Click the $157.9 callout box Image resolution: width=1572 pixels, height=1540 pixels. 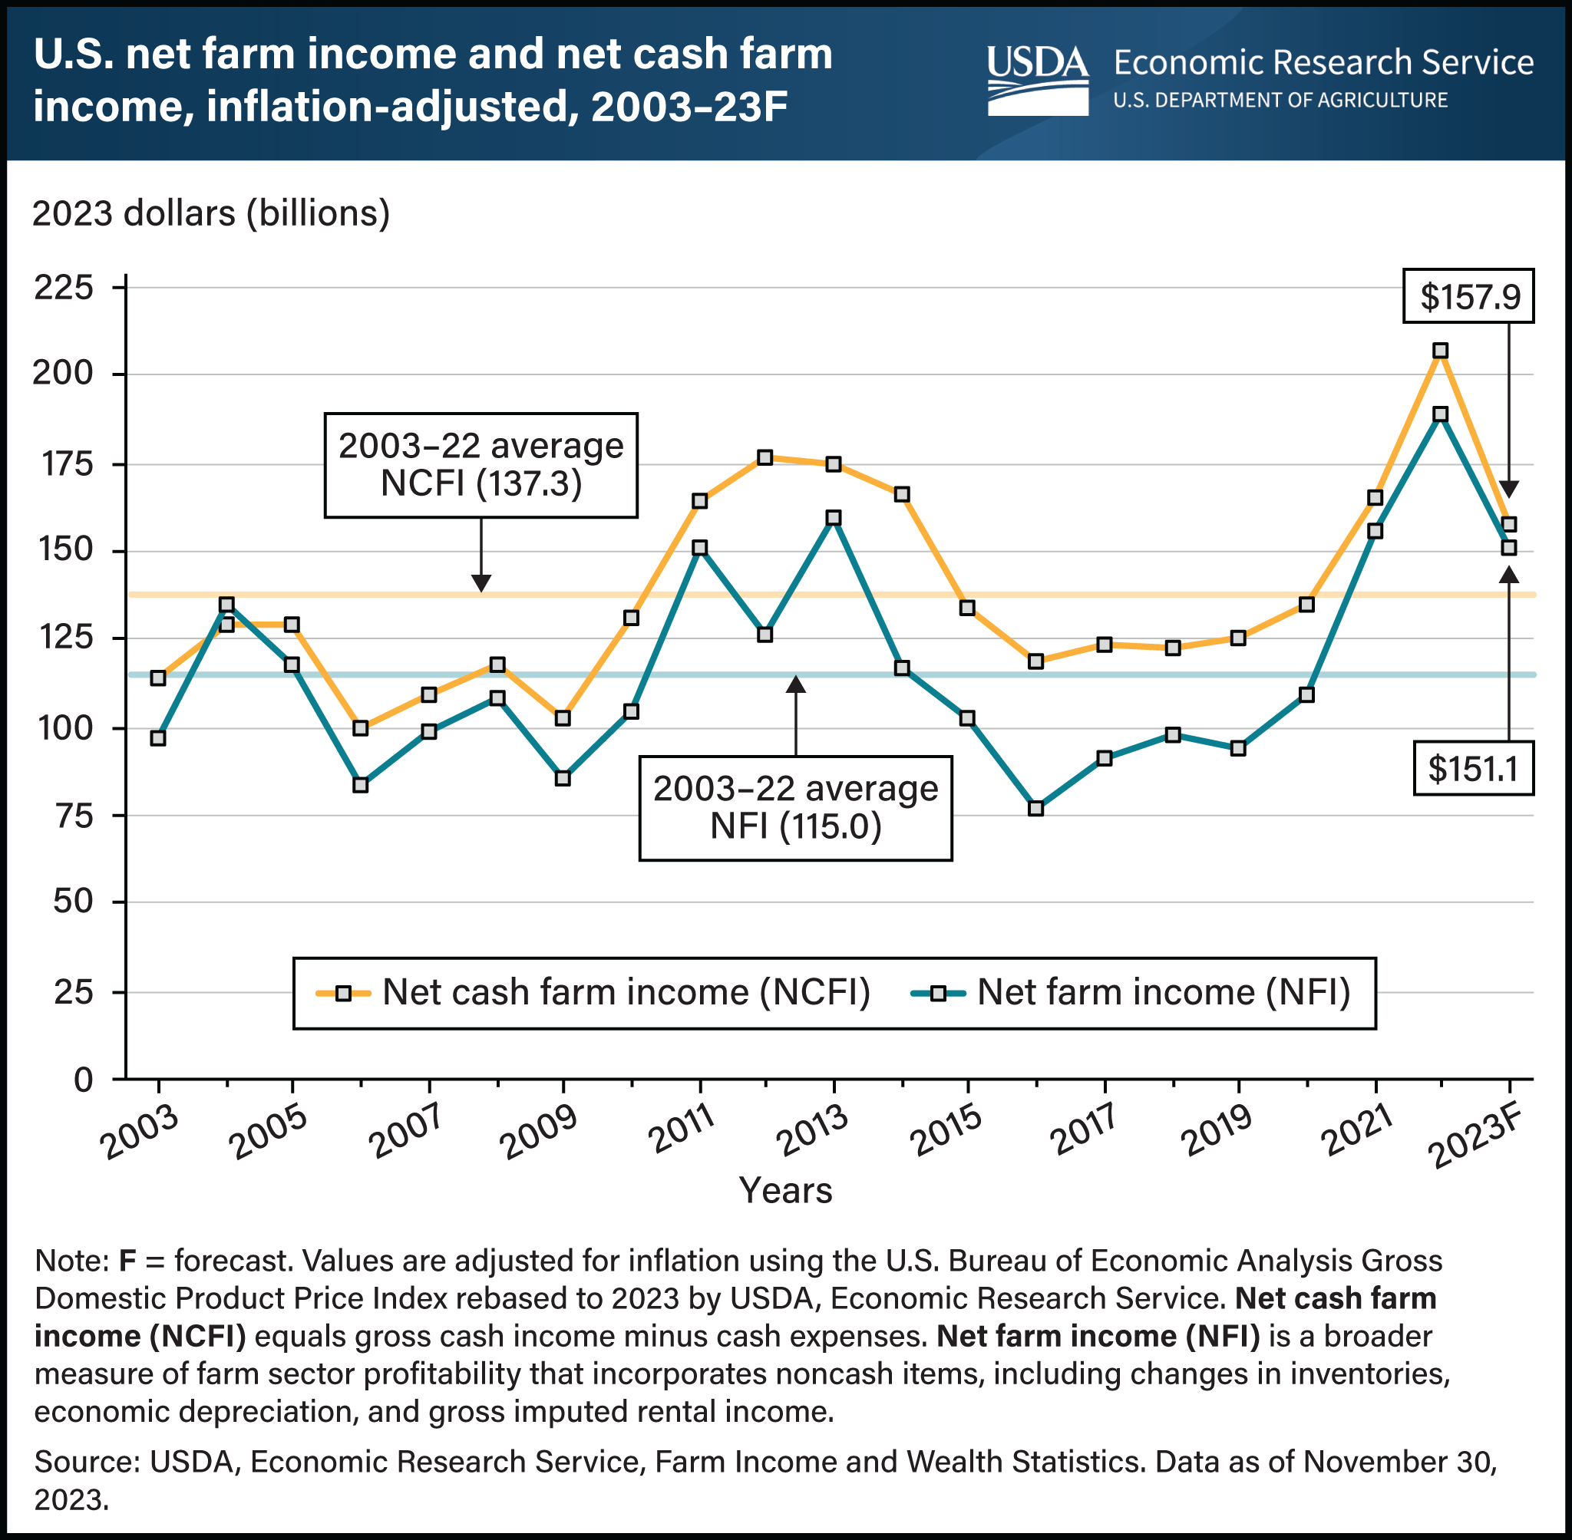(1468, 296)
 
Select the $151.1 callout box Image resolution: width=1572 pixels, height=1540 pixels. (1472, 767)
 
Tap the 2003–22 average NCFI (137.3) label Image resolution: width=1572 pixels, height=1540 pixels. (481, 464)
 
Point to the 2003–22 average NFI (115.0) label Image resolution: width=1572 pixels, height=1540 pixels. (795, 807)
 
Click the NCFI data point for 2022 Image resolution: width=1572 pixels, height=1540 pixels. (1440, 350)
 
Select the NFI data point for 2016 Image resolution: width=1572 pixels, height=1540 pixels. (1035, 808)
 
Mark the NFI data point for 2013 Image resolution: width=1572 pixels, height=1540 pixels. (834, 518)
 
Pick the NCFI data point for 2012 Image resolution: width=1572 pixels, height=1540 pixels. (765, 458)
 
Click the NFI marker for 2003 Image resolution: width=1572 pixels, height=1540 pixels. (159, 737)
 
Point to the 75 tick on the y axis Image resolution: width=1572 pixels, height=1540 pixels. (74, 816)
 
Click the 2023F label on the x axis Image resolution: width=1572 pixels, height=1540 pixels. (1480, 1139)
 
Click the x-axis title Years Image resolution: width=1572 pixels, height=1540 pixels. (785, 1191)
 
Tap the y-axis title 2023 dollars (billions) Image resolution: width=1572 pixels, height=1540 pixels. (211, 213)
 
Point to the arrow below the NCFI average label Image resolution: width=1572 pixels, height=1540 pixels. (481, 558)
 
